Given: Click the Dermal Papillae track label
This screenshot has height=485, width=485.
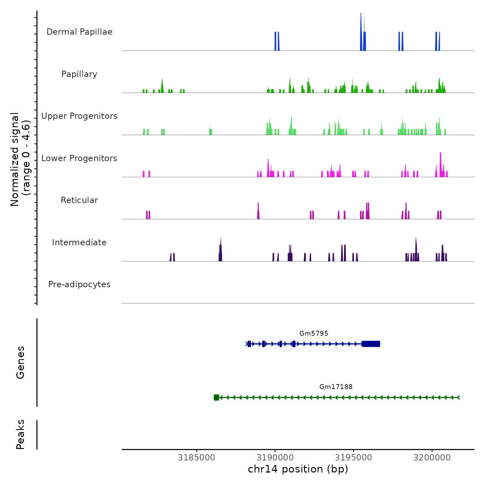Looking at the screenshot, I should [79, 32].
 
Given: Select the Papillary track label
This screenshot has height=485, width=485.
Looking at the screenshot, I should [79, 74].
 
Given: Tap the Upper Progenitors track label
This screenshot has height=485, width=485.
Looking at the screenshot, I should [79, 116].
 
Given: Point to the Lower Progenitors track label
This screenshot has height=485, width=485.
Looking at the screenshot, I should [79, 158].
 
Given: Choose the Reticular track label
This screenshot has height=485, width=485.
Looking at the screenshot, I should [79, 200].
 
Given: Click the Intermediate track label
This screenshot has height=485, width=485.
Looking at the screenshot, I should [79, 242].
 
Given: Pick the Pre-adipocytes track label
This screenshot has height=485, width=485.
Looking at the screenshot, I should [79, 284].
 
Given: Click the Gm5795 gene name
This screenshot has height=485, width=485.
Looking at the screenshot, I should [314, 333].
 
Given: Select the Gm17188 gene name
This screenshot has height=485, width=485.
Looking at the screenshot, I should [336, 387].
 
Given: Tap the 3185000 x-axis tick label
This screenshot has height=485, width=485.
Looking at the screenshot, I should [196, 457].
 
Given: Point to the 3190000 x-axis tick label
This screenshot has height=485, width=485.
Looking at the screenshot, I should [275, 457].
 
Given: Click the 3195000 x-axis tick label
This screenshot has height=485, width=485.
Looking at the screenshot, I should [353, 457].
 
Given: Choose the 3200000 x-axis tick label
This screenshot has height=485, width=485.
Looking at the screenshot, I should [432, 457].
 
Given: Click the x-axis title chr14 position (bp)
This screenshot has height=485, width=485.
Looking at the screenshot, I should [298, 469].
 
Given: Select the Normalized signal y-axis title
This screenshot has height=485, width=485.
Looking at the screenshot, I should [20, 159].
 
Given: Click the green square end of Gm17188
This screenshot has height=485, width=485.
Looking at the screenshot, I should [216, 397].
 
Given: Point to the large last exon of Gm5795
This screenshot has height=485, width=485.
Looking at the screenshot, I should [371, 344].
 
